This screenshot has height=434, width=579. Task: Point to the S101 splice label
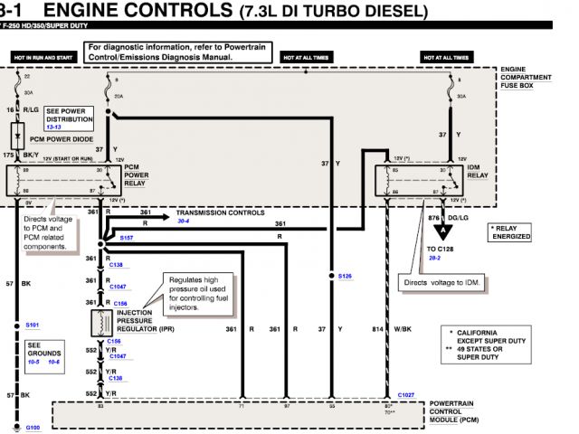tap(33, 325)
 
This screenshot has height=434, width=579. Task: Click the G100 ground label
tap(33, 427)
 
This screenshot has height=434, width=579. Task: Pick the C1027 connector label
tap(406, 395)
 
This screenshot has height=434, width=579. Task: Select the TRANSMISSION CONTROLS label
tap(220, 212)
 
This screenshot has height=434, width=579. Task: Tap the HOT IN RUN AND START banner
tap(41, 56)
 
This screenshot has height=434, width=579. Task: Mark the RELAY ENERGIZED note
tap(511, 232)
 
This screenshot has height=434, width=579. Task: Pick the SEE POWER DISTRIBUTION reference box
tap(70, 118)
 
